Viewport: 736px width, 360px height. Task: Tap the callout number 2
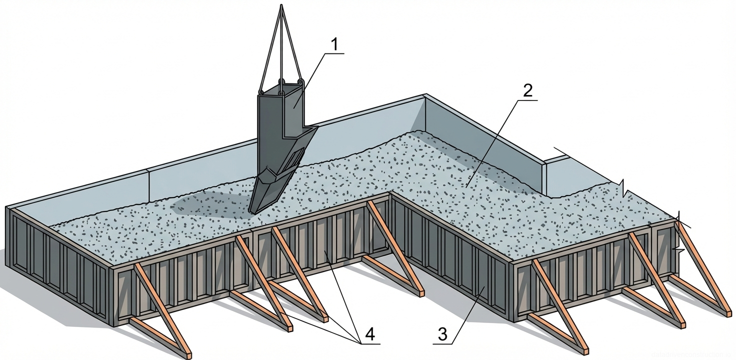527,91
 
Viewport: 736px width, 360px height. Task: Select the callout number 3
442,334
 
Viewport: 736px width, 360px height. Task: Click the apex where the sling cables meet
283,6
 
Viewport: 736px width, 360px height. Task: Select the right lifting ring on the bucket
300,81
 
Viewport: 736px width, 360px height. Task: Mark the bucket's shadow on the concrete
200,205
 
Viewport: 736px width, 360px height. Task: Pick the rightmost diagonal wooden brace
700,265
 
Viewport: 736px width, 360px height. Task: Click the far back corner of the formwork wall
425,95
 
